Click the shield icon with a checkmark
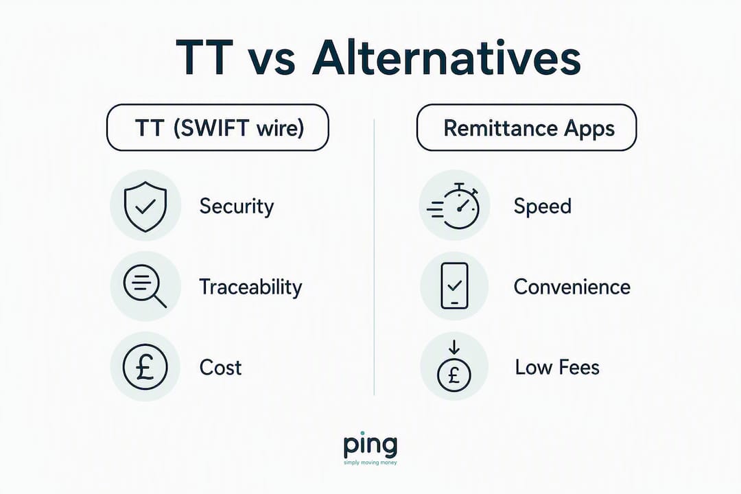pyautogui.click(x=145, y=206)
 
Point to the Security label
pyautogui.click(x=236, y=207)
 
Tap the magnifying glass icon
pyautogui.click(x=145, y=287)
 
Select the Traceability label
pyautogui.click(x=250, y=287)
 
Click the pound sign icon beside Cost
pyautogui.click(x=145, y=367)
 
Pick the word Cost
pyautogui.click(x=220, y=368)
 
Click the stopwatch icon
pyautogui.click(x=454, y=206)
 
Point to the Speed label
pyautogui.click(x=543, y=207)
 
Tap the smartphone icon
pyautogui.click(x=454, y=286)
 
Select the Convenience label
pyautogui.click(x=572, y=287)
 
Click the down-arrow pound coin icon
pyautogui.click(x=454, y=367)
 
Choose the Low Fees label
pyautogui.click(x=557, y=367)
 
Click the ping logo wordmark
pyautogui.click(x=370, y=445)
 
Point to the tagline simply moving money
pyautogui.click(x=370, y=463)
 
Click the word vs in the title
pyautogui.click(x=272, y=62)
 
